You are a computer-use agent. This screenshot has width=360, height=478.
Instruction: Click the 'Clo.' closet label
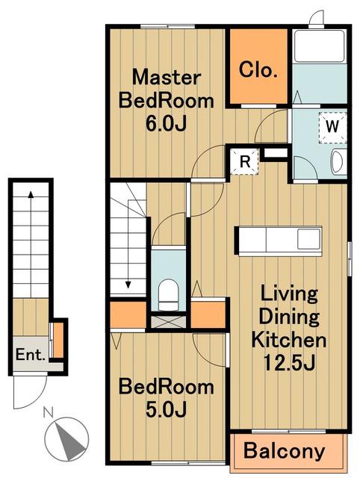pyautogui.click(x=258, y=69)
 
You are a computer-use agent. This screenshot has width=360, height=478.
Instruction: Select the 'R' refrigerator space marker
pyautogui.click(x=245, y=161)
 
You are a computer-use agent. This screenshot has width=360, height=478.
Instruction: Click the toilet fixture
pyautogui.click(x=168, y=295)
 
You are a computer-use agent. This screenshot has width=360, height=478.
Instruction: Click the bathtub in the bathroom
pyautogui.click(x=320, y=46)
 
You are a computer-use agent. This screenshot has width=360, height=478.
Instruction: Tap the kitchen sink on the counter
pyautogui.click(x=308, y=238)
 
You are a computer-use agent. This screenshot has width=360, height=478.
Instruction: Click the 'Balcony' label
pyautogui.click(x=285, y=451)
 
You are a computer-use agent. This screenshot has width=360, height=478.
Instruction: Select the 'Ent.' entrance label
pyautogui.click(x=30, y=355)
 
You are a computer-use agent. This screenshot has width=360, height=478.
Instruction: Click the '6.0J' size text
pyautogui.click(x=166, y=124)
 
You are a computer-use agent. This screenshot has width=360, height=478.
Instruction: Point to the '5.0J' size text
pyautogui.click(x=166, y=409)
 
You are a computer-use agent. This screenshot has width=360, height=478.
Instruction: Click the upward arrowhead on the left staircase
pyautogui.click(x=31, y=194)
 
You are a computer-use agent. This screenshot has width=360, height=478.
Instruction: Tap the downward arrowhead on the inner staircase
pyautogui.click(x=128, y=285)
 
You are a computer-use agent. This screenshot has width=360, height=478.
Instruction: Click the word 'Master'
pyautogui.click(x=167, y=78)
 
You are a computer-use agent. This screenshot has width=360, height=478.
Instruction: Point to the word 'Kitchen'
pyautogui.click(x=288, y=340)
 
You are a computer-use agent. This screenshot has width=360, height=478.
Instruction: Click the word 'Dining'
pyautogui.click(x=289, y=317)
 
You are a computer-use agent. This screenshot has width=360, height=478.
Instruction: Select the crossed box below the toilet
pyautogui.click(x=168, y=322)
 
